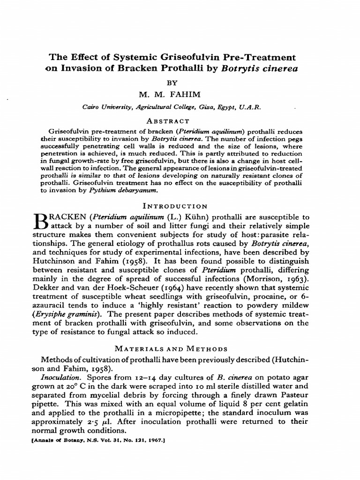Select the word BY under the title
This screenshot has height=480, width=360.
[x=174, y=82]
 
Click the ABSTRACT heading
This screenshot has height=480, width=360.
[x=174, y=120]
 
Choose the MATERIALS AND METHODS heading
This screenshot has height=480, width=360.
[x=173, y=349]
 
